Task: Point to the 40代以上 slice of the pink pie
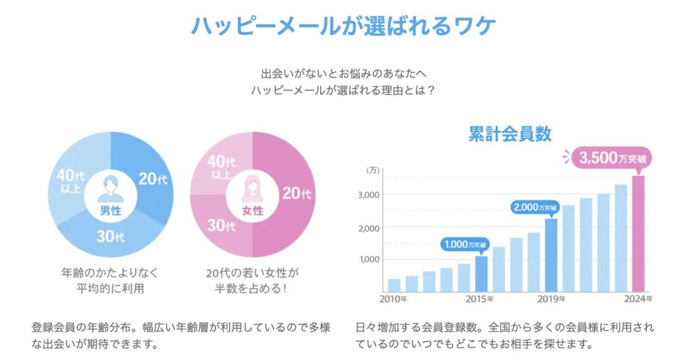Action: point(220,165)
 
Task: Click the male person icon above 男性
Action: point(110,190)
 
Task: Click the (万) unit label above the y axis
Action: point(373,171)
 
